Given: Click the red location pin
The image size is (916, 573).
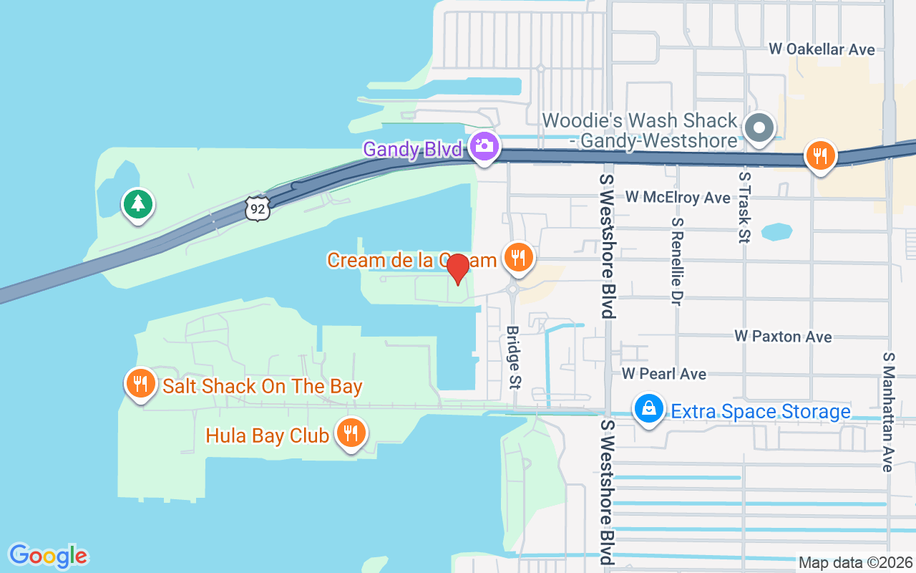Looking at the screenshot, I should coord(457,268).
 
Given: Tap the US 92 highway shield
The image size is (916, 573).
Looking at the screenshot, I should coord(257,208).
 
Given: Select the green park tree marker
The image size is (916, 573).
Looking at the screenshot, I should coord(137,204).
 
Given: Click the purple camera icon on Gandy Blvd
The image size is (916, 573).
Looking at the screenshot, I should coord(484,145).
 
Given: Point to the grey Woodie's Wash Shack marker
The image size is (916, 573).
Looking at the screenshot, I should coord(759,129).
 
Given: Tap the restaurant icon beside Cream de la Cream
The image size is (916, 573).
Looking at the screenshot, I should coord(518,256).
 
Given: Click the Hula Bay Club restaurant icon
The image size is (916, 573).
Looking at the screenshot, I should coord(350,432).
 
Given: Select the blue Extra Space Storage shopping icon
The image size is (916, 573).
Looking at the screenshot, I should coord(648,408).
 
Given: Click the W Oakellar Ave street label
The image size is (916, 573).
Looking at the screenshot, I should coord(822,49).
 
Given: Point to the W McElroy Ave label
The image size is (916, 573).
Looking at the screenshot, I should coord(678,197).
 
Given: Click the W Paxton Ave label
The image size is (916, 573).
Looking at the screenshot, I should coord(783,337).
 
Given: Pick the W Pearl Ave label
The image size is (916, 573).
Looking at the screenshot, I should coord(663,374).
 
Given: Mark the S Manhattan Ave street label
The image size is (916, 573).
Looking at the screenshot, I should coord(889,412).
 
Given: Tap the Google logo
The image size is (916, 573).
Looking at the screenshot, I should coord(48,556).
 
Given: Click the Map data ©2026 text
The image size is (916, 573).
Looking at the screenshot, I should coord(856,562).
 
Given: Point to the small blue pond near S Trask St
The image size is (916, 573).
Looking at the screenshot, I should coord(776,232).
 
